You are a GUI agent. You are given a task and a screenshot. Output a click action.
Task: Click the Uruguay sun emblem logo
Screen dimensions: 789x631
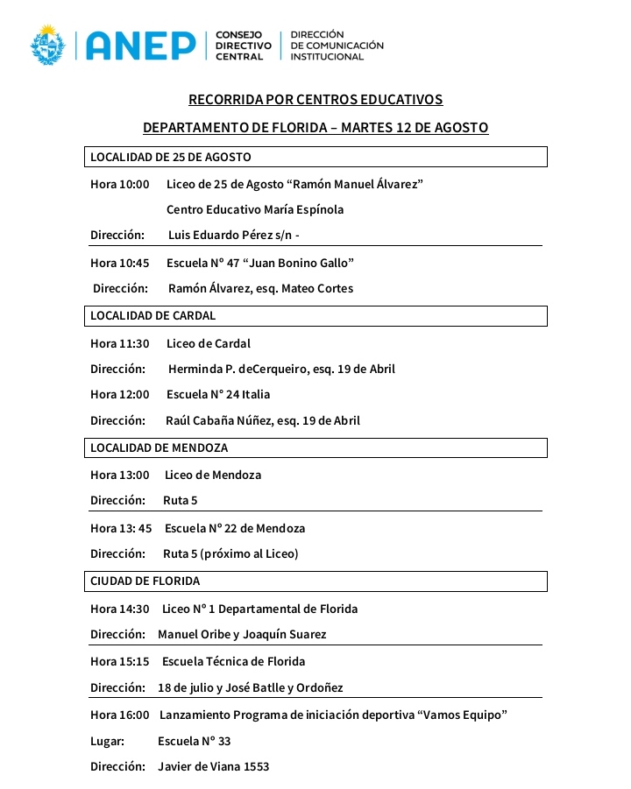coord(48,45)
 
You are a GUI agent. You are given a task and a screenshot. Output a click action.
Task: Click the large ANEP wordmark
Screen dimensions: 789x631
coord(140,45)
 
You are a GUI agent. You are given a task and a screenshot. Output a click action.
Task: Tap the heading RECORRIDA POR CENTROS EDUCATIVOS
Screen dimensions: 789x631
coord(315,100)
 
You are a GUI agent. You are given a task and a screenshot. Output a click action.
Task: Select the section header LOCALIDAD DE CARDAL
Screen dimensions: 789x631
coord(153,315)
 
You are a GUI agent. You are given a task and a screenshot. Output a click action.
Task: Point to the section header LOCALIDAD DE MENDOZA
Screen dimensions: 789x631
coord(160,447)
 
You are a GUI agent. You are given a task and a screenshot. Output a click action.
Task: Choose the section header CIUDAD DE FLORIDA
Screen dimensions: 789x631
coord(145,581)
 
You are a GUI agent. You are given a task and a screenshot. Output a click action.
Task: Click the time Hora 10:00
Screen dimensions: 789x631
coord(120,184)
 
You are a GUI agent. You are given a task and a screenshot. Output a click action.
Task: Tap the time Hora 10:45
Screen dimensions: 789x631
coord(120,263)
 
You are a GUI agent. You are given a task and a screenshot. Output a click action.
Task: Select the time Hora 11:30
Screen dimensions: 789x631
coord(120,343)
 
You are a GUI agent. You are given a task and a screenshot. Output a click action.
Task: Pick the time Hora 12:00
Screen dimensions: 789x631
coord(120,395)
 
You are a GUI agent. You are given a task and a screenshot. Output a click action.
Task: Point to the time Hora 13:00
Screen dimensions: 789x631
coord(120,475)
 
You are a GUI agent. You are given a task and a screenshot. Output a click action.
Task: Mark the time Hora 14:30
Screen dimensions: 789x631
coord(120,609)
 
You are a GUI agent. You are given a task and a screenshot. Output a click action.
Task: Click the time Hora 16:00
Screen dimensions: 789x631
coord(120,715)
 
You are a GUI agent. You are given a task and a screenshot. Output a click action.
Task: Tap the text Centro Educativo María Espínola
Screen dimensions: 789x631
coord(255,210)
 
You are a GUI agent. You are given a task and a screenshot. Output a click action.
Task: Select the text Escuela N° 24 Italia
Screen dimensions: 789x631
coord(218,395)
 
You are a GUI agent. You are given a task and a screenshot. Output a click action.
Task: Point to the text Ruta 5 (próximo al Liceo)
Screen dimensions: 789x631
coord(230,553)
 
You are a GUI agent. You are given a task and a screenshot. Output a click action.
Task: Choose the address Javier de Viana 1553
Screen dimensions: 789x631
coord(213,766)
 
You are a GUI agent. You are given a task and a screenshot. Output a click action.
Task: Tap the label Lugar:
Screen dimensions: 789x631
coord(108,741)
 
